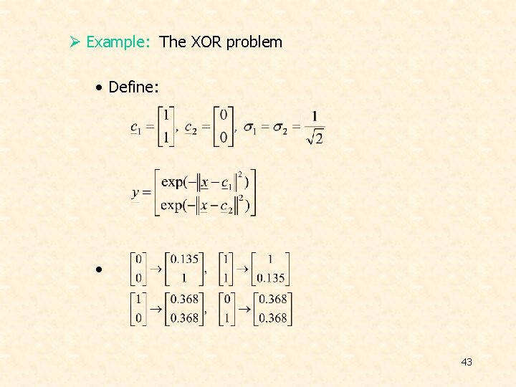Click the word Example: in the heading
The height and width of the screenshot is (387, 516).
(x=118, y=42)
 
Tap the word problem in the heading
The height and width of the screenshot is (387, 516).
(x=254, y=42)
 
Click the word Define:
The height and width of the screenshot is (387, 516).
(x=133, y=88)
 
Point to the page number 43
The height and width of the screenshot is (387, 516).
(x=467, y=362)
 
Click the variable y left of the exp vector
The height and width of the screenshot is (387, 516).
(x=135, y=193)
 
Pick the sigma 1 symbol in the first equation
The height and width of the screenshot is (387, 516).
(x=251, y=128)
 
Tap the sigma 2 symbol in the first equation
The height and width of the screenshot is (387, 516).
(x=282, y=128)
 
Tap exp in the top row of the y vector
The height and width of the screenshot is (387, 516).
(x=172, y=182)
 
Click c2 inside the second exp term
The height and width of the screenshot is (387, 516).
(x=226, y=207)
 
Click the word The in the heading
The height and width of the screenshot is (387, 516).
(x=173, y=42)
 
